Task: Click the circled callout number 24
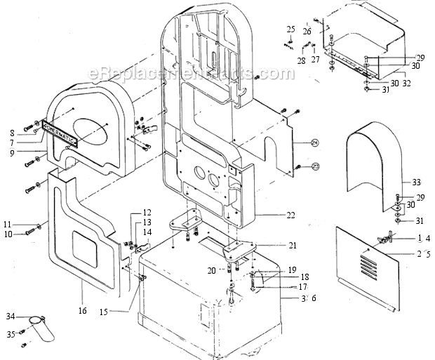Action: tap(315, 143)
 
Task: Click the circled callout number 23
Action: tap(315, 166)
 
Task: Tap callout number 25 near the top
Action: tap(290, 29)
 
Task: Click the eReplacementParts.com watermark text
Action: tap(190, 73)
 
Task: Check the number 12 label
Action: tap(147, 212)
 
